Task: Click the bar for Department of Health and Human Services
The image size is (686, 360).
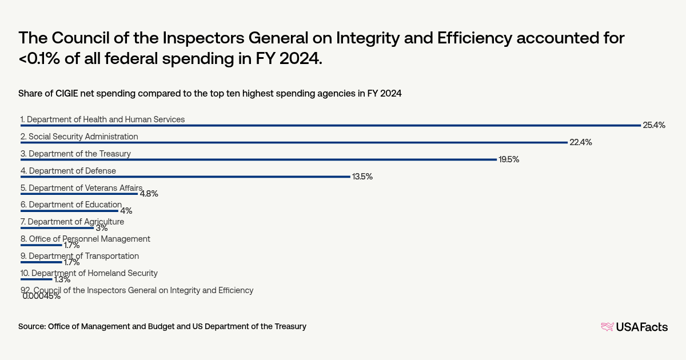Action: (x=330, y=125)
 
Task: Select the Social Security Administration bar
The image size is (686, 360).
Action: (x=294, y=142)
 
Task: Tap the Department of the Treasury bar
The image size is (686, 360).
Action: (x=258, y=159)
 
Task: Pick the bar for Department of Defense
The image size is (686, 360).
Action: (x=185, y=177)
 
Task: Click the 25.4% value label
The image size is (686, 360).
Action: (x=654, y=125)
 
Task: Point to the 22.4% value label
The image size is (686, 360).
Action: (x=580, y=142)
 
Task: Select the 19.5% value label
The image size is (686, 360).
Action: (x=509, y=159)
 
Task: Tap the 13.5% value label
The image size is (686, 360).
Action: (x=362, y=177)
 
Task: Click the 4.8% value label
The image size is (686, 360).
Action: (x=149, y=194)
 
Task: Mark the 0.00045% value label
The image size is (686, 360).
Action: (x=42, y=296)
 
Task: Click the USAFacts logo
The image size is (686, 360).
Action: (x=634, y=327)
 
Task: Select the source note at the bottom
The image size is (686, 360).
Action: (x=162, y=326)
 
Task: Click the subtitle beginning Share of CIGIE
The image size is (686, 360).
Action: (x=210, y=94)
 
